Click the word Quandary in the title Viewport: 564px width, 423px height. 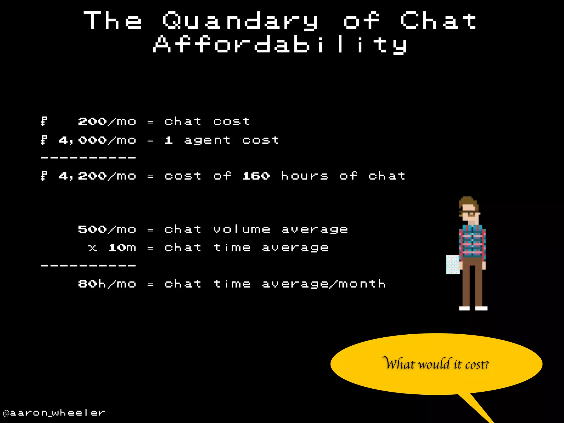click(x=240, y=21)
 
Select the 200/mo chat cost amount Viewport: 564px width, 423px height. click(x=107, y=121)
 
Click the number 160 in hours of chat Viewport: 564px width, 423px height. click(x=256, y=176)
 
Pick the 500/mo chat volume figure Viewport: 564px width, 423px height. click(x=107, y=229)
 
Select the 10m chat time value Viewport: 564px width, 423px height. click(x=122, y=248)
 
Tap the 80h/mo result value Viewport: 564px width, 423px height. click(x=107, y=284)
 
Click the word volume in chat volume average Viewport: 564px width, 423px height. click(x=242, y=229)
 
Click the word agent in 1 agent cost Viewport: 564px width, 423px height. click(x=207, y=140)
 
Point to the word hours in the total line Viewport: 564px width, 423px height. click(x=304, y=176)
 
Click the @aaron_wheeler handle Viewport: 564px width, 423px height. click(x=54, y=413)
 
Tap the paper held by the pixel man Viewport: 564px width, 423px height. click(x=452, y=265)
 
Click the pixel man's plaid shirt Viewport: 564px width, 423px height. click(x=472, y=242)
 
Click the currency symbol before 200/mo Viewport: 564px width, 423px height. click(x=44, y=121)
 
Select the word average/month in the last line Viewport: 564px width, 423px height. click(x=324, y=284)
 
